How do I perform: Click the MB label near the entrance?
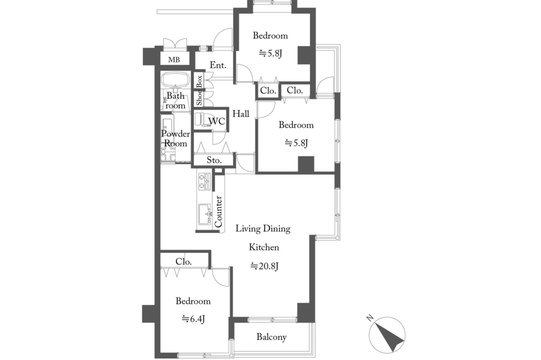click(174, 60)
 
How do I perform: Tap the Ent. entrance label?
click(218, 65)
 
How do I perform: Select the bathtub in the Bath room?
click(175, 80)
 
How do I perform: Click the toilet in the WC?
click(201, 119)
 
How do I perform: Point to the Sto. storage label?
click(214, 160)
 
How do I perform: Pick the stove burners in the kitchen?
click(204, 181)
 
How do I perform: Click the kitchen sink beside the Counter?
click(204, 214)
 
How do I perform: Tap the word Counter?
click(218, 211)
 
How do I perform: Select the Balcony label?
click(272, 337)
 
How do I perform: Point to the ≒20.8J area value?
click(264, 266)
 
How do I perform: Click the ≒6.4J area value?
click(193, 319)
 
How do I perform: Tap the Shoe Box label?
click(199, 90)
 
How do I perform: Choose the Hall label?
click(241, 113)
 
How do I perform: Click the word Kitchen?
click(264, 247)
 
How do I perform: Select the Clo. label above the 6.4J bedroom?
click(183, 262)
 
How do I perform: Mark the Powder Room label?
click(175, 139)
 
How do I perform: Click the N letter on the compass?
click(370, 317)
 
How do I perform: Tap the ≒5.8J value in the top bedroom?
click(270, 53)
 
